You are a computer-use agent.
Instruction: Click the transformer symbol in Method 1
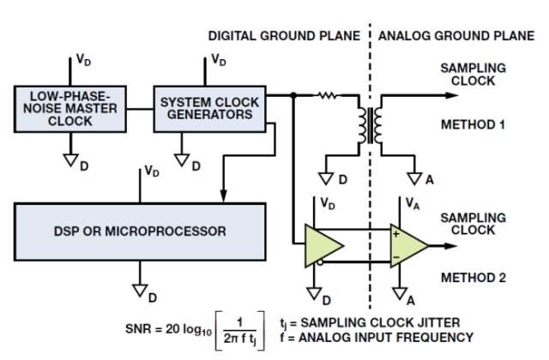[x=371, y=123]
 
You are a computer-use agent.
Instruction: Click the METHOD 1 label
[x=472, y=124]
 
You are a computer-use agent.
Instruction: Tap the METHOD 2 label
[x=472, y=278]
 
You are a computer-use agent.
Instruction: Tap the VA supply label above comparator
[x=412, y=203]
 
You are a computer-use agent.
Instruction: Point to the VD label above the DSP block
[x=153, y=171]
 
